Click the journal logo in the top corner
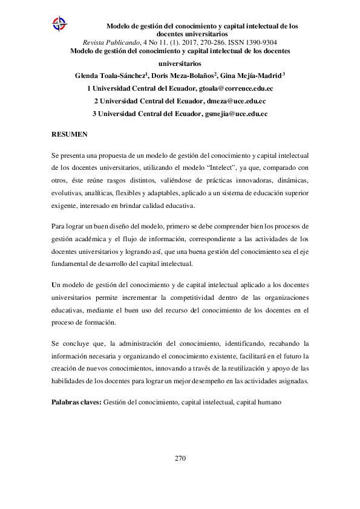click(x=59, y=24)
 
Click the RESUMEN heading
click(x=70, y=134)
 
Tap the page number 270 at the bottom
click(x=180, y=458)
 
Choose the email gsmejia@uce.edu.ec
click(x=236, y=114)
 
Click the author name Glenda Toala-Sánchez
click(x=110, y=76)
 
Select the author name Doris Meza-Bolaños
click(x=183, y=76)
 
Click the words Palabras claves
click(x=76, y=401)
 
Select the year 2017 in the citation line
click(x=183, y=42)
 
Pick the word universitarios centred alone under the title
click(x=180, y=63)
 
